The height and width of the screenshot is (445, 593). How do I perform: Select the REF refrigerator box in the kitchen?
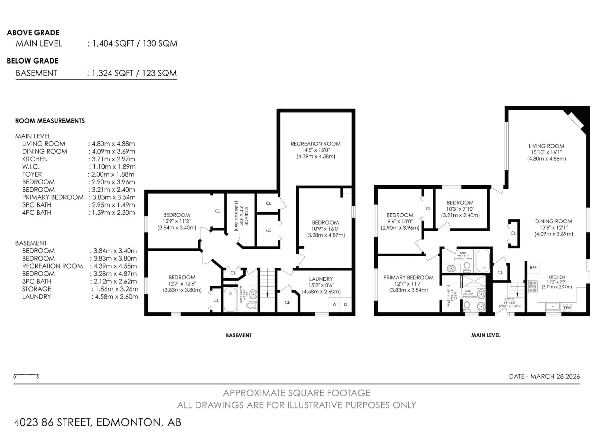pyautogui.click(x=533, y=268)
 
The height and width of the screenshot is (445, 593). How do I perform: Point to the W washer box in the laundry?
pyautogui.click(x=334, y=304)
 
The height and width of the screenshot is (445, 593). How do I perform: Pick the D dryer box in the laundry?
pyautogui.click(x=346, y=304)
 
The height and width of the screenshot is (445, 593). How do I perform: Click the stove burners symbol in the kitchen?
pyautogui.click(x=532, y=286)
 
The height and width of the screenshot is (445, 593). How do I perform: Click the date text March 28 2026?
pyautogui.click(x=544, y=377)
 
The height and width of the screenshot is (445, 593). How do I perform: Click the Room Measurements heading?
pyautogui.click(x=50, y=121)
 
